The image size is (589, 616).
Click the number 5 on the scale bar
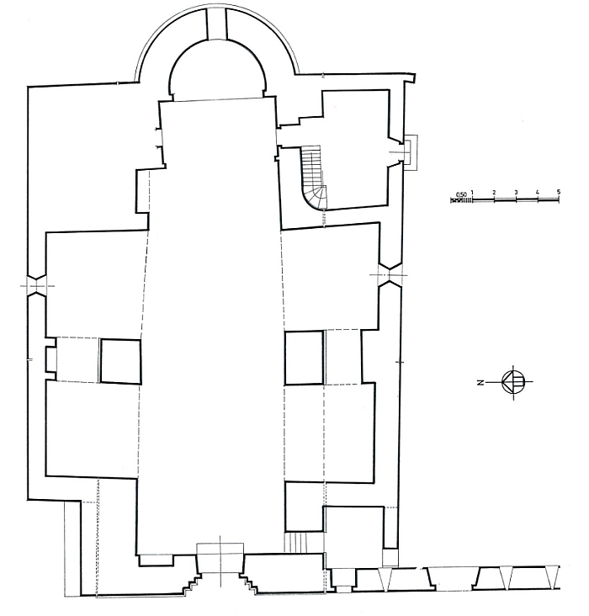click(559, 192)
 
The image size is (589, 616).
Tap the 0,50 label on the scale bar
click(461, 194)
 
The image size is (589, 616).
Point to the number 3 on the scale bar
click(516, 192)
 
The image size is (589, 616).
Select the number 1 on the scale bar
click(472, 192)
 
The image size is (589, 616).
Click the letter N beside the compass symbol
click(480, 382)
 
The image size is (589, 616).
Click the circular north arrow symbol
click(513, 381)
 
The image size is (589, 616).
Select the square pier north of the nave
click(120, 361)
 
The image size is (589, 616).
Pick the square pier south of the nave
click(305, 358)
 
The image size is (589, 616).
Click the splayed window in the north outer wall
click(36, 285)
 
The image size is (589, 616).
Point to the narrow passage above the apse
click(217, 24)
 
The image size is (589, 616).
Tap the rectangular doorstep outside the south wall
click(411, 152)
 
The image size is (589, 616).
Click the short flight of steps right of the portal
click(295, 542)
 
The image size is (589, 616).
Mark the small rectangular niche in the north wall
click(51, 358)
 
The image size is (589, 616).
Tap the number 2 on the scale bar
click(494, 192)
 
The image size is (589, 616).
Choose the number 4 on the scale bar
click(537, 192)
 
